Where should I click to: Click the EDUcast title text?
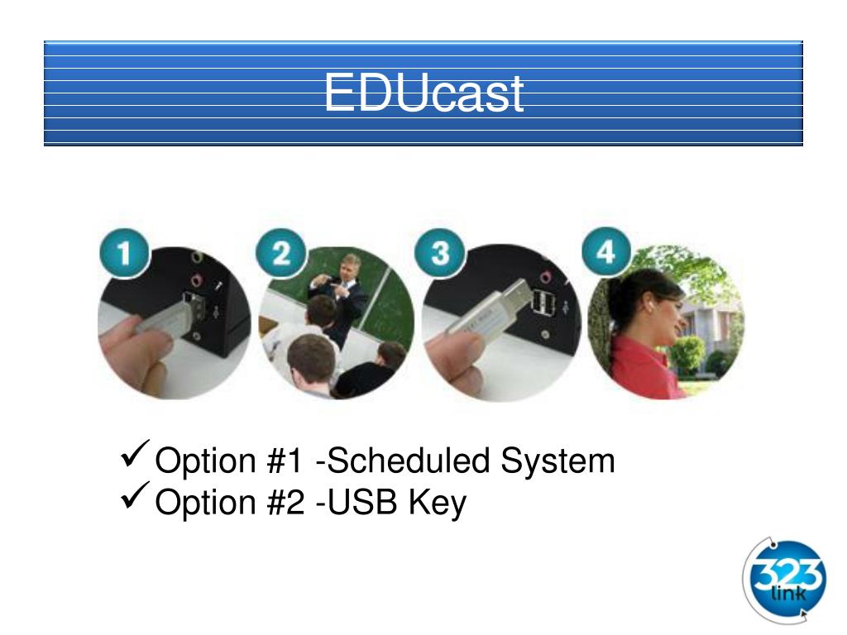click(x=423, y=93)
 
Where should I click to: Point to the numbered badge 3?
click(x=442, y=253)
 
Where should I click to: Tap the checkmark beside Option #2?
click(x=135, y=496)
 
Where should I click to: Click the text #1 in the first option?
click(x=287, y=461)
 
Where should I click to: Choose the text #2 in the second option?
click(x=287, y=502)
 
